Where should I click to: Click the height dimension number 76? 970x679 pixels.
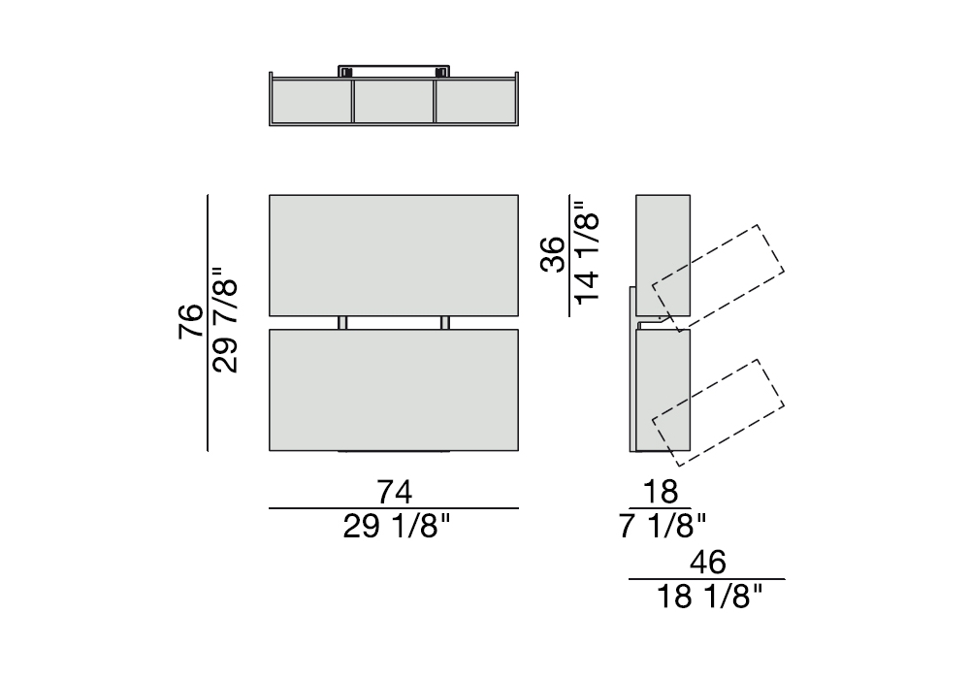coord(191,321)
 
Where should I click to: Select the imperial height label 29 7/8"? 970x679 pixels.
coord(225,320)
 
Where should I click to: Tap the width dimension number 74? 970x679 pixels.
coord(395,493)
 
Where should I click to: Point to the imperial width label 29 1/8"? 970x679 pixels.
coord(397,527)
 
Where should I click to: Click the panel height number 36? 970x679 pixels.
coord(554,254)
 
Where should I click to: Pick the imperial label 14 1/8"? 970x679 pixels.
coord(587,251)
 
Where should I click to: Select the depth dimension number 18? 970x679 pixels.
coord(661,492)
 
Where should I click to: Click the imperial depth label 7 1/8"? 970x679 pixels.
coord(662,527)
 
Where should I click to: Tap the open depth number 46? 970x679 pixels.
coord(708,563)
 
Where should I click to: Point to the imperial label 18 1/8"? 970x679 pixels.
coord(710,598)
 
